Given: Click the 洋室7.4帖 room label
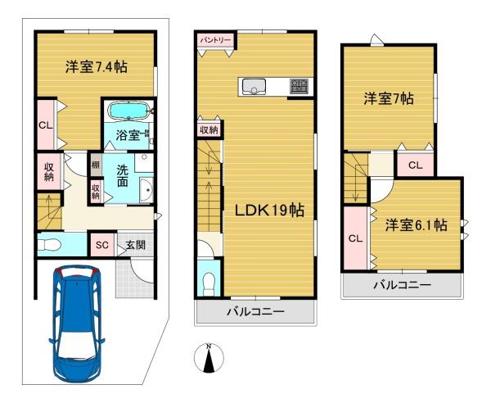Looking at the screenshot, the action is (96, 67).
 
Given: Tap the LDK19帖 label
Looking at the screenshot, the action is (269, 210).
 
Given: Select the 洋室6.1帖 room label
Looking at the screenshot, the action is (416, 225).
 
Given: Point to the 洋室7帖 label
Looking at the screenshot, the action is (388, 98).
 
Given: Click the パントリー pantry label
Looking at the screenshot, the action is (215, 40).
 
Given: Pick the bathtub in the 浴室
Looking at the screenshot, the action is (129, 111).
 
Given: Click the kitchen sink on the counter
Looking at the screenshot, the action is (254, 86).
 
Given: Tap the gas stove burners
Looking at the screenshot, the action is (300, 86).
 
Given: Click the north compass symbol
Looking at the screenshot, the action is (209, 358).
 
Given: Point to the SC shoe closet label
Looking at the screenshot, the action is (102, 245).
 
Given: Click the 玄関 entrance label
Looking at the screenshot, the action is (136, 245).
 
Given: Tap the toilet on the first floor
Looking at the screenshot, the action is (49, 245).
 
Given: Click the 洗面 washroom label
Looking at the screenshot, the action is (123, 175).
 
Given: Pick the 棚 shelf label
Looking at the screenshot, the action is (95, 164).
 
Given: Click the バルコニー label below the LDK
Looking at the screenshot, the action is (255, 311).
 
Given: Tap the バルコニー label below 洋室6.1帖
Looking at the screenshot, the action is (403, 285).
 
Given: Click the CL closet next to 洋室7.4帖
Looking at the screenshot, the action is (46, 125).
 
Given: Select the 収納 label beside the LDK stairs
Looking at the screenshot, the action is (209, 129).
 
